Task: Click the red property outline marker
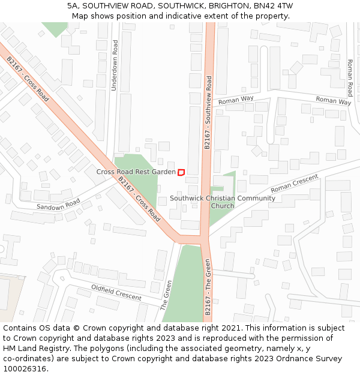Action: pos(181,172)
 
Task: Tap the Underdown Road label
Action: pos(115,65)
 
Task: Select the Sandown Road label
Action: pos(58,205)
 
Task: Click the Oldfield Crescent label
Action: pos(116,292)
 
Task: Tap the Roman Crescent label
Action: pos(294,184)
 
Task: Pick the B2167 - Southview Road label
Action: pos(208,112)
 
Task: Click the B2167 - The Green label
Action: pos(208,287)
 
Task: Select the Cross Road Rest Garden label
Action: pos(136,172)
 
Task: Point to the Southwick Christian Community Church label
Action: pos(223,202)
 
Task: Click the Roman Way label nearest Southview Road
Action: pos(236,99)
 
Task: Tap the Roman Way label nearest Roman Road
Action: pos(333,101)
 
